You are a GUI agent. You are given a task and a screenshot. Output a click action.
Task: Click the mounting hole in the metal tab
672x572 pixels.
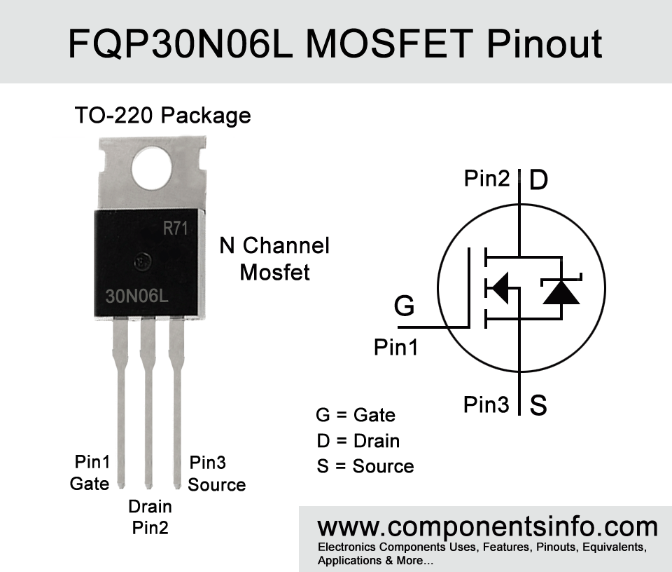tap(152, 168)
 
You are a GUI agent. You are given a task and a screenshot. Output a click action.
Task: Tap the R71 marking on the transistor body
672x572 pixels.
tap(175, 229)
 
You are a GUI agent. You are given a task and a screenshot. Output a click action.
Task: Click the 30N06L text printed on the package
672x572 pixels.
tap(136, 296)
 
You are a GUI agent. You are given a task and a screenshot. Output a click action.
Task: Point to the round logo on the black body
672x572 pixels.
tap(142, 261)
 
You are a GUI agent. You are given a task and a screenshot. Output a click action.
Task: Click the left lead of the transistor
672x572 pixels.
tap(120, 402)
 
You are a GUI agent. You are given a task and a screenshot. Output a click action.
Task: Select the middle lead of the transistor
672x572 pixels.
tap(148, 402)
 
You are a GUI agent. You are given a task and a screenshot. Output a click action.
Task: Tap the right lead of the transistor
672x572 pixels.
tap(176, 402)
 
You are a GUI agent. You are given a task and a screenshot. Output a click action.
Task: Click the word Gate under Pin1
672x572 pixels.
tap(90, 484)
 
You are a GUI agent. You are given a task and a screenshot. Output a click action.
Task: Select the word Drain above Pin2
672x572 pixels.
tap(150, 506)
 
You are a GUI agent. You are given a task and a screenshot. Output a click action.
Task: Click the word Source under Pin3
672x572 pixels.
tap(217, 484)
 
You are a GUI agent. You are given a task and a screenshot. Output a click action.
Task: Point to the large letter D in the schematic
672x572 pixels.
tap(539, 179)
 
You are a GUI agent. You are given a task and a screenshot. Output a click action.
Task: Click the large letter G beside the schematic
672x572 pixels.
tap(404, 306)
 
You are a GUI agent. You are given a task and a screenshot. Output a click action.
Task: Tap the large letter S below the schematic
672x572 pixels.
tap(538, 404)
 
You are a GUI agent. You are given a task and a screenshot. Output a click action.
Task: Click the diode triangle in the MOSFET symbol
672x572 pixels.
tap(561, 293)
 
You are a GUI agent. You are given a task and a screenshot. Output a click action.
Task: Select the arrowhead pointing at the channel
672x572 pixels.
tap(498, 287)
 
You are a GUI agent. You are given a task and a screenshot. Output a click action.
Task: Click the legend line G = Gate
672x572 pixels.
tap(356, 415)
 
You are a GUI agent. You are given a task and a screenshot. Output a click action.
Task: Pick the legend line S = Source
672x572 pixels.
tap(365, 466)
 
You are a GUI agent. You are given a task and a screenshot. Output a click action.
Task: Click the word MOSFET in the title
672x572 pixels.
tap(389, 43)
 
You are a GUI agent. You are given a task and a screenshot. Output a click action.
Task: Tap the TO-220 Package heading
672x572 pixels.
tap(162, 116)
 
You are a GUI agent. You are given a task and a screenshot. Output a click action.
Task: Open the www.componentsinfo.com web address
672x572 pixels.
tap(487, 527)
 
